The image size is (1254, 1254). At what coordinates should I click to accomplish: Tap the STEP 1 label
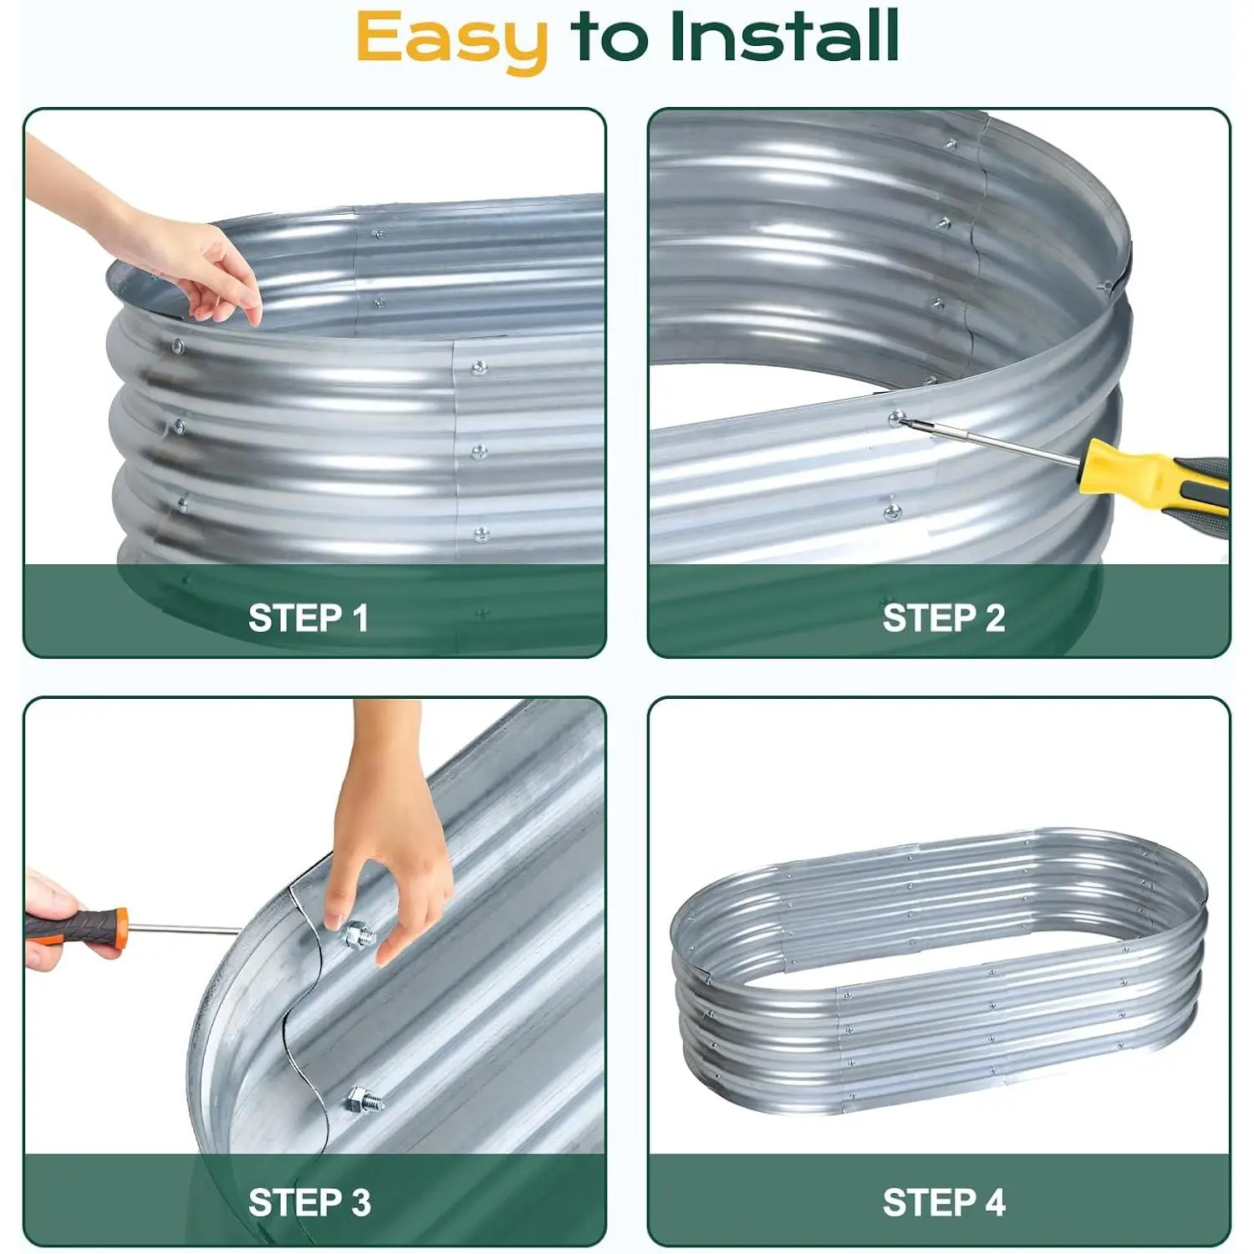click(308, 619)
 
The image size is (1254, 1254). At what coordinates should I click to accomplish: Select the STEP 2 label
click(944, 619)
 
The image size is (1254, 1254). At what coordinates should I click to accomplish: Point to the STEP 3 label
click(309, 1203)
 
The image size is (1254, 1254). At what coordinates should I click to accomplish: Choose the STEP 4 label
click(944, 1203)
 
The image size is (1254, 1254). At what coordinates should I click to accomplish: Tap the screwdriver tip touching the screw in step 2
click(904, 421)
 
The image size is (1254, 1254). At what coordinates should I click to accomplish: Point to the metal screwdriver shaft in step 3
click(185, 928)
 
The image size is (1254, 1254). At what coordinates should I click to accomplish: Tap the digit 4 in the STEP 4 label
click(995, 1203)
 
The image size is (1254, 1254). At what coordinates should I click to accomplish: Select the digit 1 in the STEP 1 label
click(361, 619)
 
